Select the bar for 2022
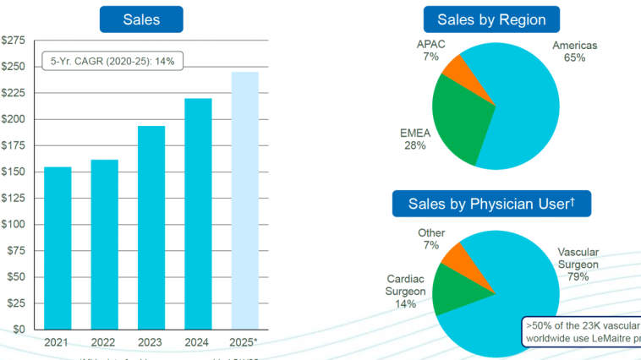pyautogui.click(x=105, y=244)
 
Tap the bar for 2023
pyautogui.click(x=151, y=227)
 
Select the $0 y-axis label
pyautogui.click(x=19, y=329)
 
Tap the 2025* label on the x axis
pyautogui.click(x=245, y=342)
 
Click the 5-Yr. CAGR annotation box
pyautogui.click(x=113, y=62)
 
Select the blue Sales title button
pyautogui.click(x=141, y=19)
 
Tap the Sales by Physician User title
pyautogui.click(x=491, y=204)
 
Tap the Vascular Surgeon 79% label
pyautogui.click(x=578, y=264)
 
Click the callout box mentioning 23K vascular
pyautogui.click(x=582, y=331)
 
